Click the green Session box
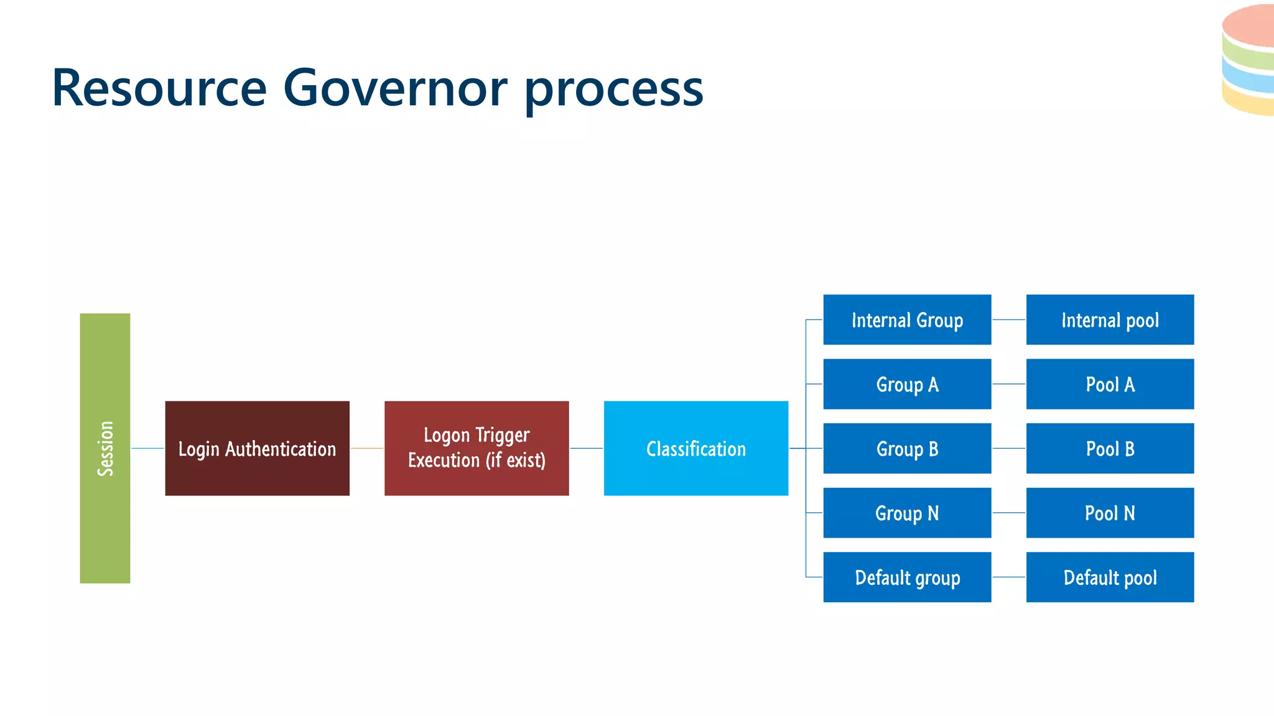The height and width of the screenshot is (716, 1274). [x=105, y=448]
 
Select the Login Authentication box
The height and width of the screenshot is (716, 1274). [x=257, y=448]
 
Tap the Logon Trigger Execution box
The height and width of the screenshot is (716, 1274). [x=477, y=448]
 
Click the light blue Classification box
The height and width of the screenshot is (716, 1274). [x=695, y=448]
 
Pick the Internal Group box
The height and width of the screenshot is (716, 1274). [x=907, y=319]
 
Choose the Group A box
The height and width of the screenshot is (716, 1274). [x=907, y=384]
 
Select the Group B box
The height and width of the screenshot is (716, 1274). [x=907, y=448]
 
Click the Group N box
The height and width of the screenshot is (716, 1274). [x=907, y=513]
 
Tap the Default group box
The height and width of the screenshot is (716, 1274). [x=907, y=577]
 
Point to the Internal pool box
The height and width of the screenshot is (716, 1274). [x=1110, y=319]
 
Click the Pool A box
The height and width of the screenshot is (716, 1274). [x=1110, y=384]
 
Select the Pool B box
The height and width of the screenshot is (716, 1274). [x=1110, y=448]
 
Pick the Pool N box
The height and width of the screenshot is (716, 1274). [x=1110, y=513]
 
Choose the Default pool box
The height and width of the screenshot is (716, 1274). [x=1110, y=577]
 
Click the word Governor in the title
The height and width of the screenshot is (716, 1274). [x=395, y=88]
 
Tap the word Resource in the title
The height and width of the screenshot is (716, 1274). [x=159, y=88]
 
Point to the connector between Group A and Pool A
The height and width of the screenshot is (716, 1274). [x=1008, y=384]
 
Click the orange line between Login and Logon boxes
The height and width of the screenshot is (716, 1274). [x=367, y=448]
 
